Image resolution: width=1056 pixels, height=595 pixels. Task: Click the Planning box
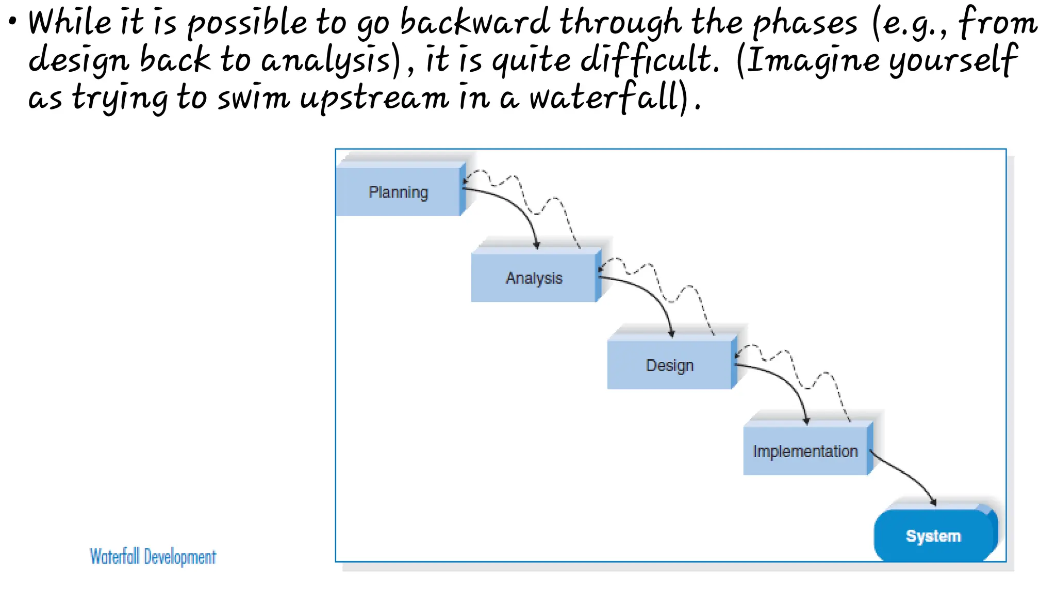398,191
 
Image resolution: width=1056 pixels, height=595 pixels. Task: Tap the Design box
669,365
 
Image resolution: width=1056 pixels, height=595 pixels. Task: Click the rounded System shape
933,535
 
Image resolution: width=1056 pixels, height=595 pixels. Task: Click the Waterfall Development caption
153,556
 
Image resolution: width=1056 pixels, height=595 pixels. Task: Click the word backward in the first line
475,23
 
